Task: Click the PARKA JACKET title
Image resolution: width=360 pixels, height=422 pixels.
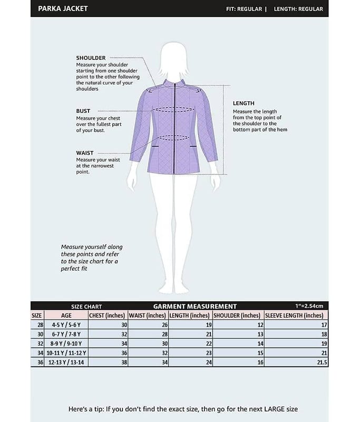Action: (63, 8)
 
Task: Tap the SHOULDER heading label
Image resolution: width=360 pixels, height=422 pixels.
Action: (91, 57)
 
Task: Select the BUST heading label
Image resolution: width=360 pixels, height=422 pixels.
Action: (83, 111)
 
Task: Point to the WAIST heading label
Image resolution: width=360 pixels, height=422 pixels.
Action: (84, 153)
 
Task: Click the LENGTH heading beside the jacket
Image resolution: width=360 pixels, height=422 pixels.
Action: (244, 103)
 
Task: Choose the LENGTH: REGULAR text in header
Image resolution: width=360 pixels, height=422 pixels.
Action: (298, 9)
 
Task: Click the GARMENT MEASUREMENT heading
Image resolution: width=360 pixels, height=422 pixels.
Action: (194, 306)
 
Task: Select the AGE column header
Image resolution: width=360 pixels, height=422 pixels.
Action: (66, 315)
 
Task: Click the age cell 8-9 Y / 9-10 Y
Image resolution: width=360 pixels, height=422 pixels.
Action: (66, 343)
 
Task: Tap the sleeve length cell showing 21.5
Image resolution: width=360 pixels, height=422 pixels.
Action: (322, 362)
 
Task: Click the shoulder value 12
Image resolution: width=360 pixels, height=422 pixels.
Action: (260, 325)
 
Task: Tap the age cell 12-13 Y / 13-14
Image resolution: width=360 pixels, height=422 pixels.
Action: (66, 362)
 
